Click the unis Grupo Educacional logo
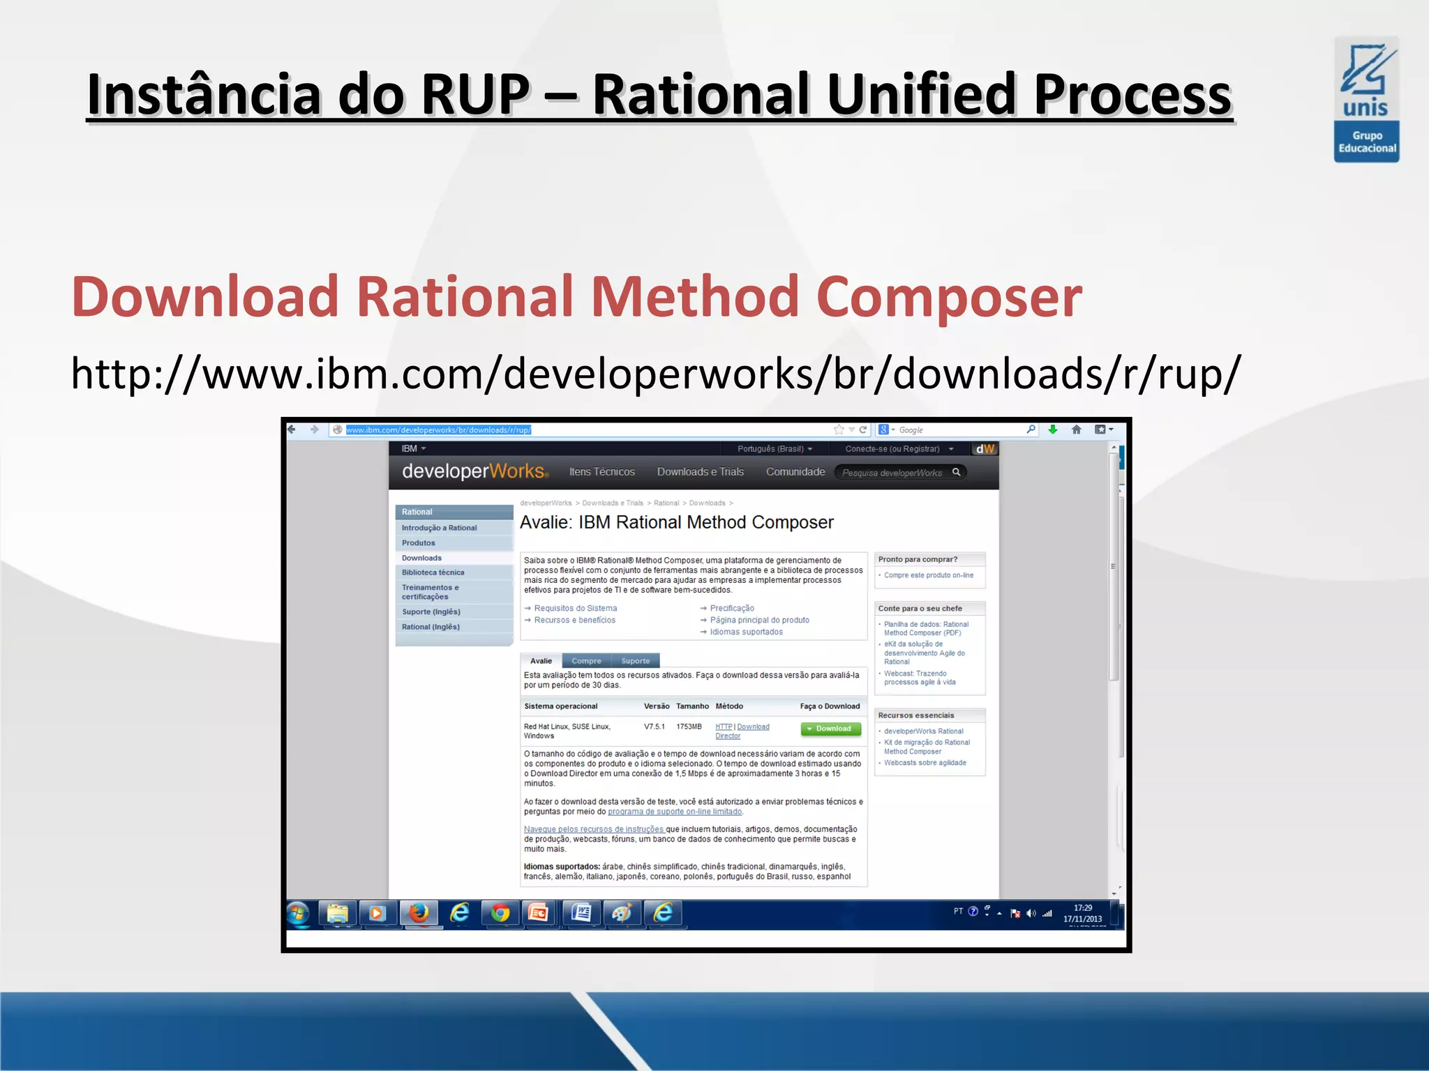1366,100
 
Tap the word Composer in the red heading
949,297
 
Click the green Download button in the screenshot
830,729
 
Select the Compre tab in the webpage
586,660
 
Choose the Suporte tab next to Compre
635,660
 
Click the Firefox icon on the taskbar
419,913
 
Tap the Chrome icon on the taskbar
500,913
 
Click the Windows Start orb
299,913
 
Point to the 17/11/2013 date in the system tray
1082,919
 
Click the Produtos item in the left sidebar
418,542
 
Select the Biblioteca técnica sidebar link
433,572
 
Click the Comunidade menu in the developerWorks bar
795,472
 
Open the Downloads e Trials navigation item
700,472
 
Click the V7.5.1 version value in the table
654,727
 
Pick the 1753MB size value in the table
689,727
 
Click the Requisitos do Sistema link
575,608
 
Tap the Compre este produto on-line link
928,575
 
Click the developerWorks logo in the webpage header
474,471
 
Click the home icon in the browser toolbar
1076,430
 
